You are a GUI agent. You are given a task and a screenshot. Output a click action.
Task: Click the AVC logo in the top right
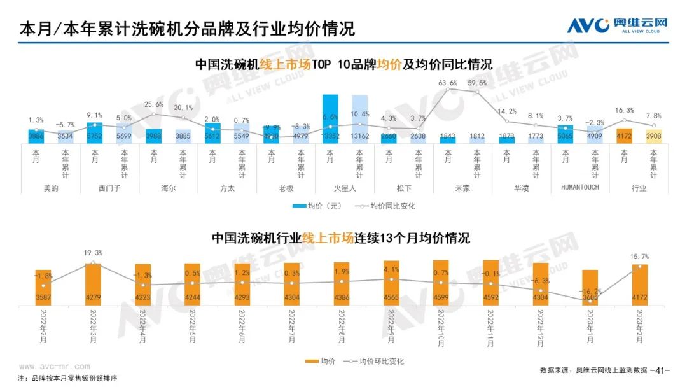[616, 25]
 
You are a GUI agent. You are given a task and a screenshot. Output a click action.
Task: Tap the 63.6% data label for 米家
[448, 83]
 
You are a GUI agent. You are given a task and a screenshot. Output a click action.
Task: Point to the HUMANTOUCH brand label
[581, 188]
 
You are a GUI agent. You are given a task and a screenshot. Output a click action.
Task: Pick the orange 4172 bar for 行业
[624, 136]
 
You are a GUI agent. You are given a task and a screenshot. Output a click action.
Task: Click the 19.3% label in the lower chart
[93, 253]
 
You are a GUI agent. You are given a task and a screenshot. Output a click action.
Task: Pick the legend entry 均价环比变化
[375, 362]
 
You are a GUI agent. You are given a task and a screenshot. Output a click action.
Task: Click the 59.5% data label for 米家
[477, 83]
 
